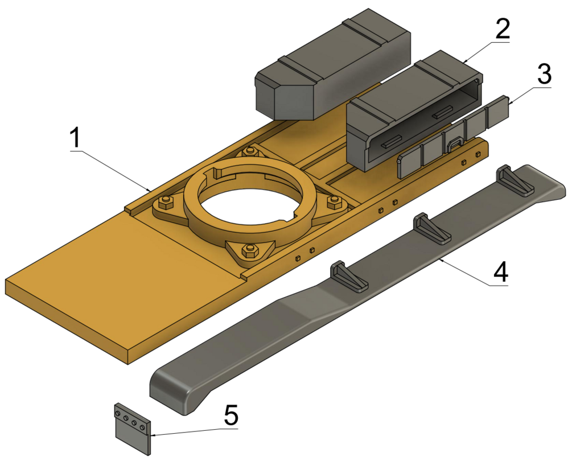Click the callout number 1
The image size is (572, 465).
pos(75,138)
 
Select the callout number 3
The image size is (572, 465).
pos(544,73)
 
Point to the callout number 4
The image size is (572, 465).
pos(501,271)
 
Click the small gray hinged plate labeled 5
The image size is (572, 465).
pos(133,429)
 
